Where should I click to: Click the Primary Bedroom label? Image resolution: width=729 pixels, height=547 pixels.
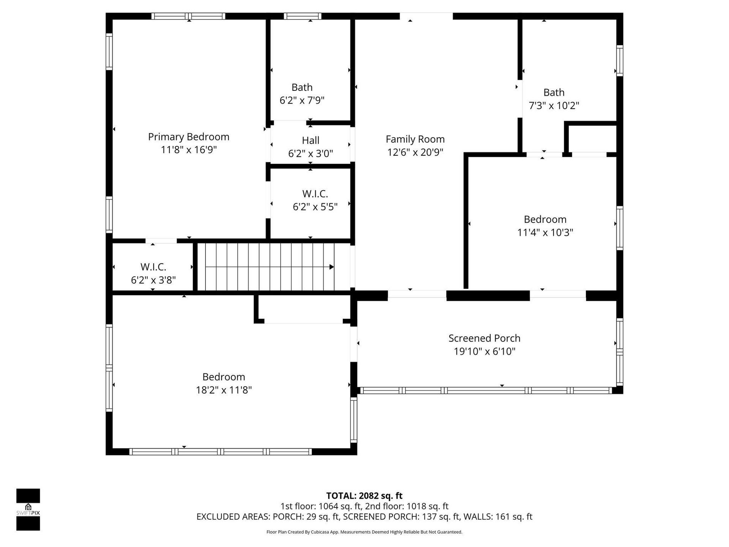(x=189, y=137)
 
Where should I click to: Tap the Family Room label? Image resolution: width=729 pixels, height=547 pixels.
(x=415, y=139)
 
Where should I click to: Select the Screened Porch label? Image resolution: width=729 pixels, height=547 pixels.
(x=484, y=338)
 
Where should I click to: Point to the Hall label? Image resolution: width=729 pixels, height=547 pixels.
(x=311, y=140)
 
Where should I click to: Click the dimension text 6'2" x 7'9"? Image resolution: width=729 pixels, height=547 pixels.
(x=302, y=100)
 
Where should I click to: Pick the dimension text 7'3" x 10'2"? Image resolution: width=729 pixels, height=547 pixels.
(x=554, y=105)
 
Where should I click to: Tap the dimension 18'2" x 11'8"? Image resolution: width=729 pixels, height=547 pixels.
(x=224, y=390)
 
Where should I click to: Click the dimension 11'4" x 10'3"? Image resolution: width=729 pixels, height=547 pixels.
(x=545, y=232)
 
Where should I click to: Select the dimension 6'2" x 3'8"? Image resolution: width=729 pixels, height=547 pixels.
(x=153, y=280)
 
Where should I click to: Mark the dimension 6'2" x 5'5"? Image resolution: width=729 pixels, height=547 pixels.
(x=315, y=207)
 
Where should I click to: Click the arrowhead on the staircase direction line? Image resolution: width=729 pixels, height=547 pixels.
(x=332, y=267)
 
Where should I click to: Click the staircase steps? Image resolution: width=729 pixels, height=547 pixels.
(x=270, y=267)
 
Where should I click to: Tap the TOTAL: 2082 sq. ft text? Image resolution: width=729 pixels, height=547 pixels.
(x=364, y=496)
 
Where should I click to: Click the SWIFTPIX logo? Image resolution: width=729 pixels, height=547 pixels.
(x=28, y=509)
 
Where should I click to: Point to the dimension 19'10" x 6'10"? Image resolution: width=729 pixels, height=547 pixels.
(x=484, y=351)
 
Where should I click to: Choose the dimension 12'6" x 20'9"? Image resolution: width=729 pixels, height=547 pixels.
(x=415, y=152)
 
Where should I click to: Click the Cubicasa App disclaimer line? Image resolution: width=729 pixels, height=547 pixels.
(x=364, y=532)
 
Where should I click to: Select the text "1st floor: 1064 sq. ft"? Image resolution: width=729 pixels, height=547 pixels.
(x=321, y=506)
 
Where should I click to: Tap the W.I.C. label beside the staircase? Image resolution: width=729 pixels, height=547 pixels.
(x=153, y=267)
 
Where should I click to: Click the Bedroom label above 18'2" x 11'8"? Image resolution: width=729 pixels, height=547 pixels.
(x=224, y=377)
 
